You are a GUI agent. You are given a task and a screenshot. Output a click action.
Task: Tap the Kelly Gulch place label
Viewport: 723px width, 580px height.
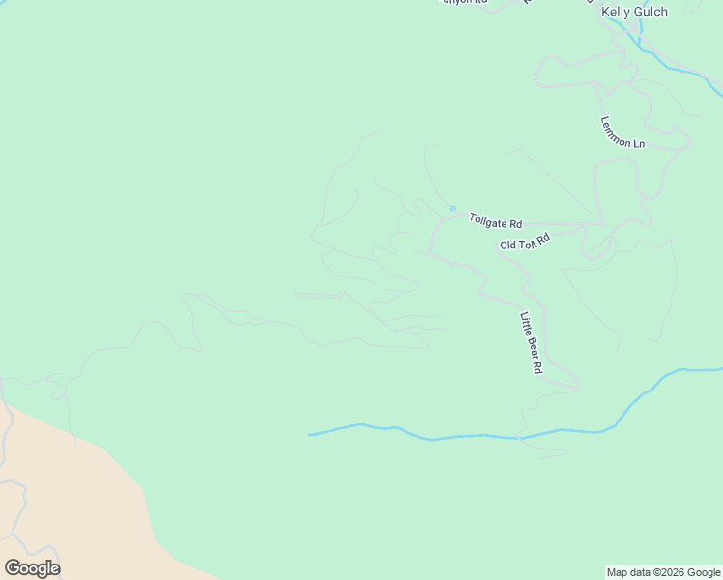click(634, 12)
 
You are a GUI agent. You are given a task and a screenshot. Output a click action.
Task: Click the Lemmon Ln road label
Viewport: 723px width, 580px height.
click(622, 132)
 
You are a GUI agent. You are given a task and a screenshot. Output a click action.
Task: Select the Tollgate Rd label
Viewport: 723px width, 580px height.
click(495, 220)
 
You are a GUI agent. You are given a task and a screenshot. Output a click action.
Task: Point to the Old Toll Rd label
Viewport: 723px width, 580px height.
click(525, 241)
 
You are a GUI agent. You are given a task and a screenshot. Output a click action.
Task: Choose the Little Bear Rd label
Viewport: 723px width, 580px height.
click(532, 342)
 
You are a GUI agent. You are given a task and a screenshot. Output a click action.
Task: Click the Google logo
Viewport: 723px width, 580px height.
click(32, 568)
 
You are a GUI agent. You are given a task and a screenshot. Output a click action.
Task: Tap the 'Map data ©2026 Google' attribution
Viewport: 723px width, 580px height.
click(664, 572)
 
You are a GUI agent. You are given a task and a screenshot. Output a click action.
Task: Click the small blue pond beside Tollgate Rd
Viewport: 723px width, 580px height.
click(452, 208)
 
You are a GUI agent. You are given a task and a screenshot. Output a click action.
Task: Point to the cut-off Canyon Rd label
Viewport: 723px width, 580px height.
click(465, 3)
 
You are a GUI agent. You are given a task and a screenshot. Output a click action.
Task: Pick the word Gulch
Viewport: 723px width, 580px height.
click(650, 12)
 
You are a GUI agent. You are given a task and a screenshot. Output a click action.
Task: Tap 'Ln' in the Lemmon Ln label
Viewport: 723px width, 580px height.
click(638, 143)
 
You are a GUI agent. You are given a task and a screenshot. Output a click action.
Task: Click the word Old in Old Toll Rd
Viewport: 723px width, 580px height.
click(508, 246)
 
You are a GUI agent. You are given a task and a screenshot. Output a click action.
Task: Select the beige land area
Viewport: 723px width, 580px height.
click(68, 503)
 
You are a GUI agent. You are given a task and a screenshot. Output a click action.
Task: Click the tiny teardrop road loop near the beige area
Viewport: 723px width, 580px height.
click(59, 394)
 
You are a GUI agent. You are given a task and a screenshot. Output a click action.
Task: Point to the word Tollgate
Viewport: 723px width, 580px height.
click(489, 219)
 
